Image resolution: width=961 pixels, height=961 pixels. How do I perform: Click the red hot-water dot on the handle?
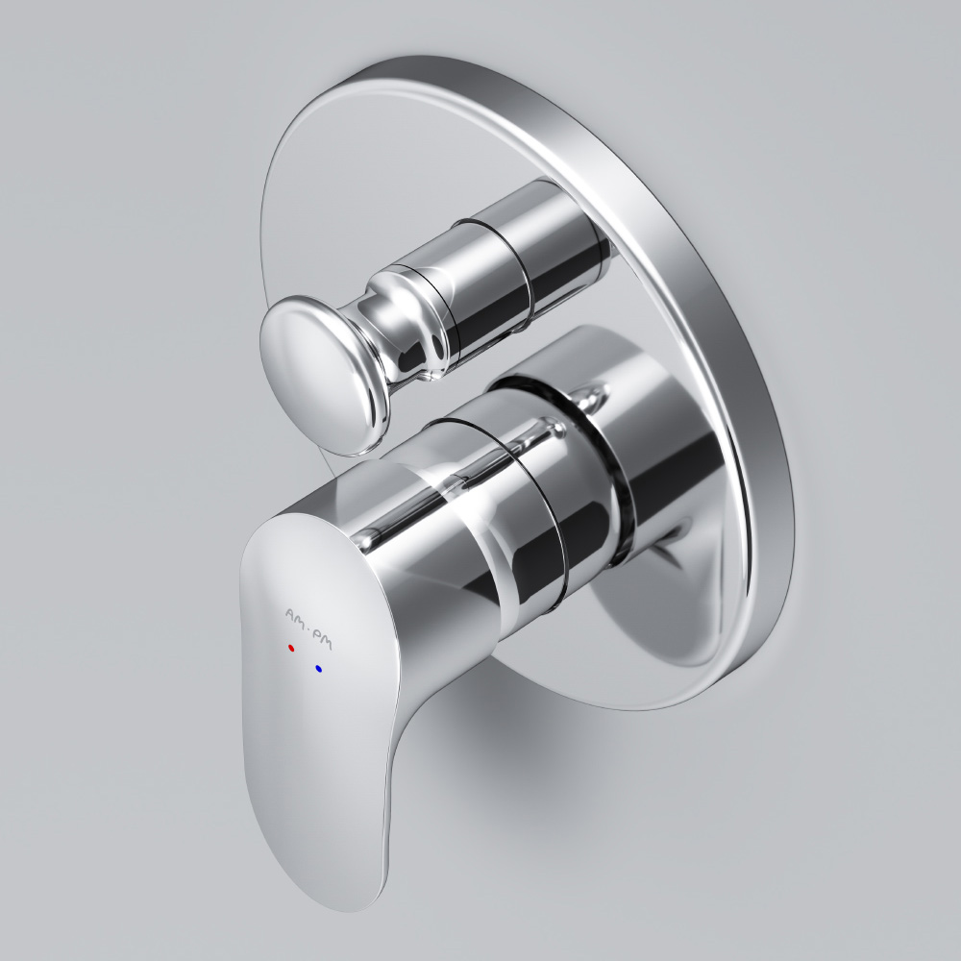click(x=291, y=648)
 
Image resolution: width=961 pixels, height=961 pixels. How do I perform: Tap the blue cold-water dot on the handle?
click(x=317, y=668)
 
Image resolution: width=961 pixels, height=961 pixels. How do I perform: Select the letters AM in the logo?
click(x=295, y=613)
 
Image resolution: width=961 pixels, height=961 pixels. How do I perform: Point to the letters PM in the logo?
click(x=323, y=628)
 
